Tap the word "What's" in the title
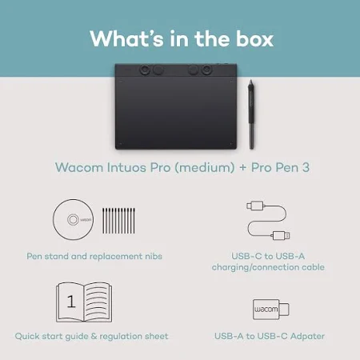click(126, 39)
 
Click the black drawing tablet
click(176, 106)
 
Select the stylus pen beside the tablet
click(251, 114)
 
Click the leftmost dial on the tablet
click(145, 70)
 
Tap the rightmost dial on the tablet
click(206, 70)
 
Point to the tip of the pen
click(251, 80)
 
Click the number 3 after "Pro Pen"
click(306, 167)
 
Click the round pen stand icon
click(73, 219)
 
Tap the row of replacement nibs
click(118, 221)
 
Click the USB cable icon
click(268, 221)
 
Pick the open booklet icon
click(84, 302)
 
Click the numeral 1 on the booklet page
click(71, 302)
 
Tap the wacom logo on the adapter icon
click(266, 310)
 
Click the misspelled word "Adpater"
click(307, 336)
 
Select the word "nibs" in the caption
click(154, 256)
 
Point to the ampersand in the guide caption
click(94, 336)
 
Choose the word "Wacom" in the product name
click(79, 167)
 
